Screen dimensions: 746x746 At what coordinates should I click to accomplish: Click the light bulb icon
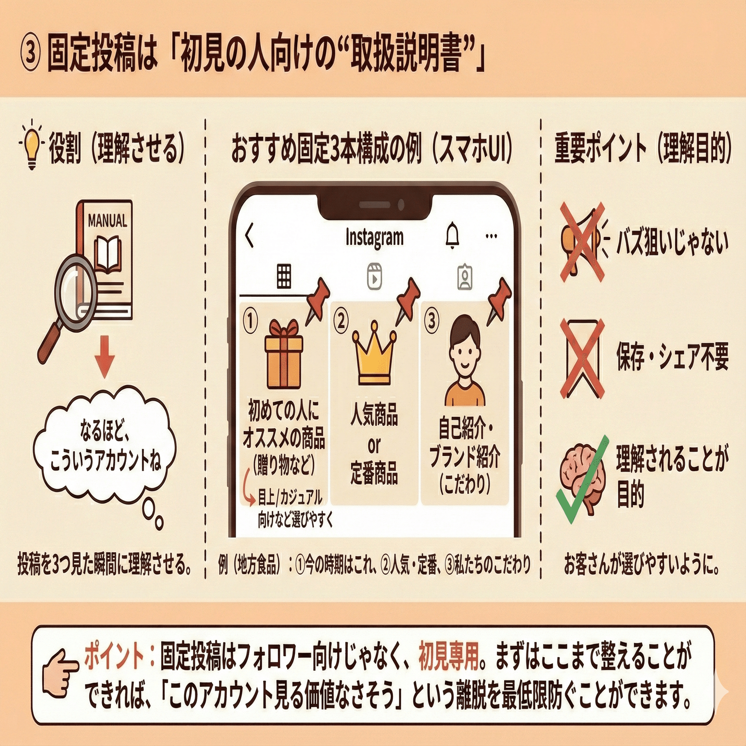pyautogui.click(x=32, y=146)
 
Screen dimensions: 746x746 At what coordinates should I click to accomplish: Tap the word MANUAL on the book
pyautogui.click(x=107, y=221)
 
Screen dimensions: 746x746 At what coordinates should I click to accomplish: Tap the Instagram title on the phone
pyautogui.click(x=374, y=238)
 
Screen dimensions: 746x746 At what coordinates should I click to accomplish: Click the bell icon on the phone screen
pyautogui.click(x=452, y=236)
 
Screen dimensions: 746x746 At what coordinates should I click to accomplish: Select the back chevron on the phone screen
pyautogui.click(x=250, y=236)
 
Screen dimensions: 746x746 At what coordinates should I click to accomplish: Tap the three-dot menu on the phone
pyautogui.click(x=492, y=237)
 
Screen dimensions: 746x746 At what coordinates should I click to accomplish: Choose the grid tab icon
pyautogui.click(x=284, y=276)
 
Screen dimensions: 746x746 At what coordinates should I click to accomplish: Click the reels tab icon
pyautogui.click(x=374, y=276)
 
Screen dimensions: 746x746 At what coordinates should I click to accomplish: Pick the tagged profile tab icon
pyautogui.click(x=465, y=277)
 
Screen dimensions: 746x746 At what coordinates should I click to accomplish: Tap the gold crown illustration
pyautogui.click(x=374, y=353)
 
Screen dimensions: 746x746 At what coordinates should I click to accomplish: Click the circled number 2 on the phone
pyautogui.click(x=341, y=321)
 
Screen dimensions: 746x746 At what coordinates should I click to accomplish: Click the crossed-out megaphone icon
pyautogui.click(x=582, y=242)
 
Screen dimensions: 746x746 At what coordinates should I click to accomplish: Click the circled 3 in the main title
pyautogui.click(x=30, y=53)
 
